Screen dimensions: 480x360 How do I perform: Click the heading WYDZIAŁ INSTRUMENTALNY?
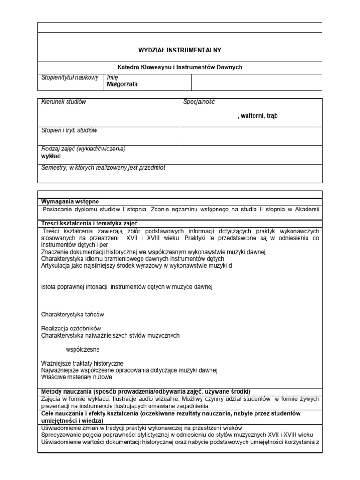pyautogui.click(x=180, y=49)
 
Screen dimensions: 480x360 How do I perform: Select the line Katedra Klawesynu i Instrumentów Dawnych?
pyautogui.click(x=180, y=67)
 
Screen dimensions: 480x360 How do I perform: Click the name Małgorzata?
pyautogui.click(x=122, y=84)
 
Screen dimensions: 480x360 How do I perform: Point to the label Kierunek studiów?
pyautogui.click(x=64, y=102)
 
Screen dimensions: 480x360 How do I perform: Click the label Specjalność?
pyautogui.click(x=199, y=102)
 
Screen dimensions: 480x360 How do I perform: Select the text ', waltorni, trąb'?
pyautogui.click(x=258, y=116)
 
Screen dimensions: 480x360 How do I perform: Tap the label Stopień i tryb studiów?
pyautogui.click(x=69, y=130)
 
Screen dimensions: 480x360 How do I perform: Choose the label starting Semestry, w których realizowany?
pyautogui.click(x=103, y=167)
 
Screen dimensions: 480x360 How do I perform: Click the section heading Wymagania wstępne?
pyautogui.click(x=70, y=201)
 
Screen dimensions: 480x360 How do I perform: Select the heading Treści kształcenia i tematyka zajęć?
pyautogui.click(x=90, y=223)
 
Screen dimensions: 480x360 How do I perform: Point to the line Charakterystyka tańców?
pyautogui.click(x=73, y=314)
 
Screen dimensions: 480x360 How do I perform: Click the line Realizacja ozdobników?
pyautogui.click(x=71, y=328)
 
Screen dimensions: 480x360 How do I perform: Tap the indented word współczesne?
pyautogui.click(x=82, y=349)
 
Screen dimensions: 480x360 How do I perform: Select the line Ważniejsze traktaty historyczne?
pyautogui.click(x=82, y=363)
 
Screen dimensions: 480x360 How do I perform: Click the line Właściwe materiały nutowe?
pyautogui.click(x=77, y=377)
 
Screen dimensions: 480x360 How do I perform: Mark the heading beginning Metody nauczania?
pyautogui.click(x=146, y=391)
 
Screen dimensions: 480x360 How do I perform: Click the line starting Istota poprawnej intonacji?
pyautogui.click(x=127, y=286)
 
